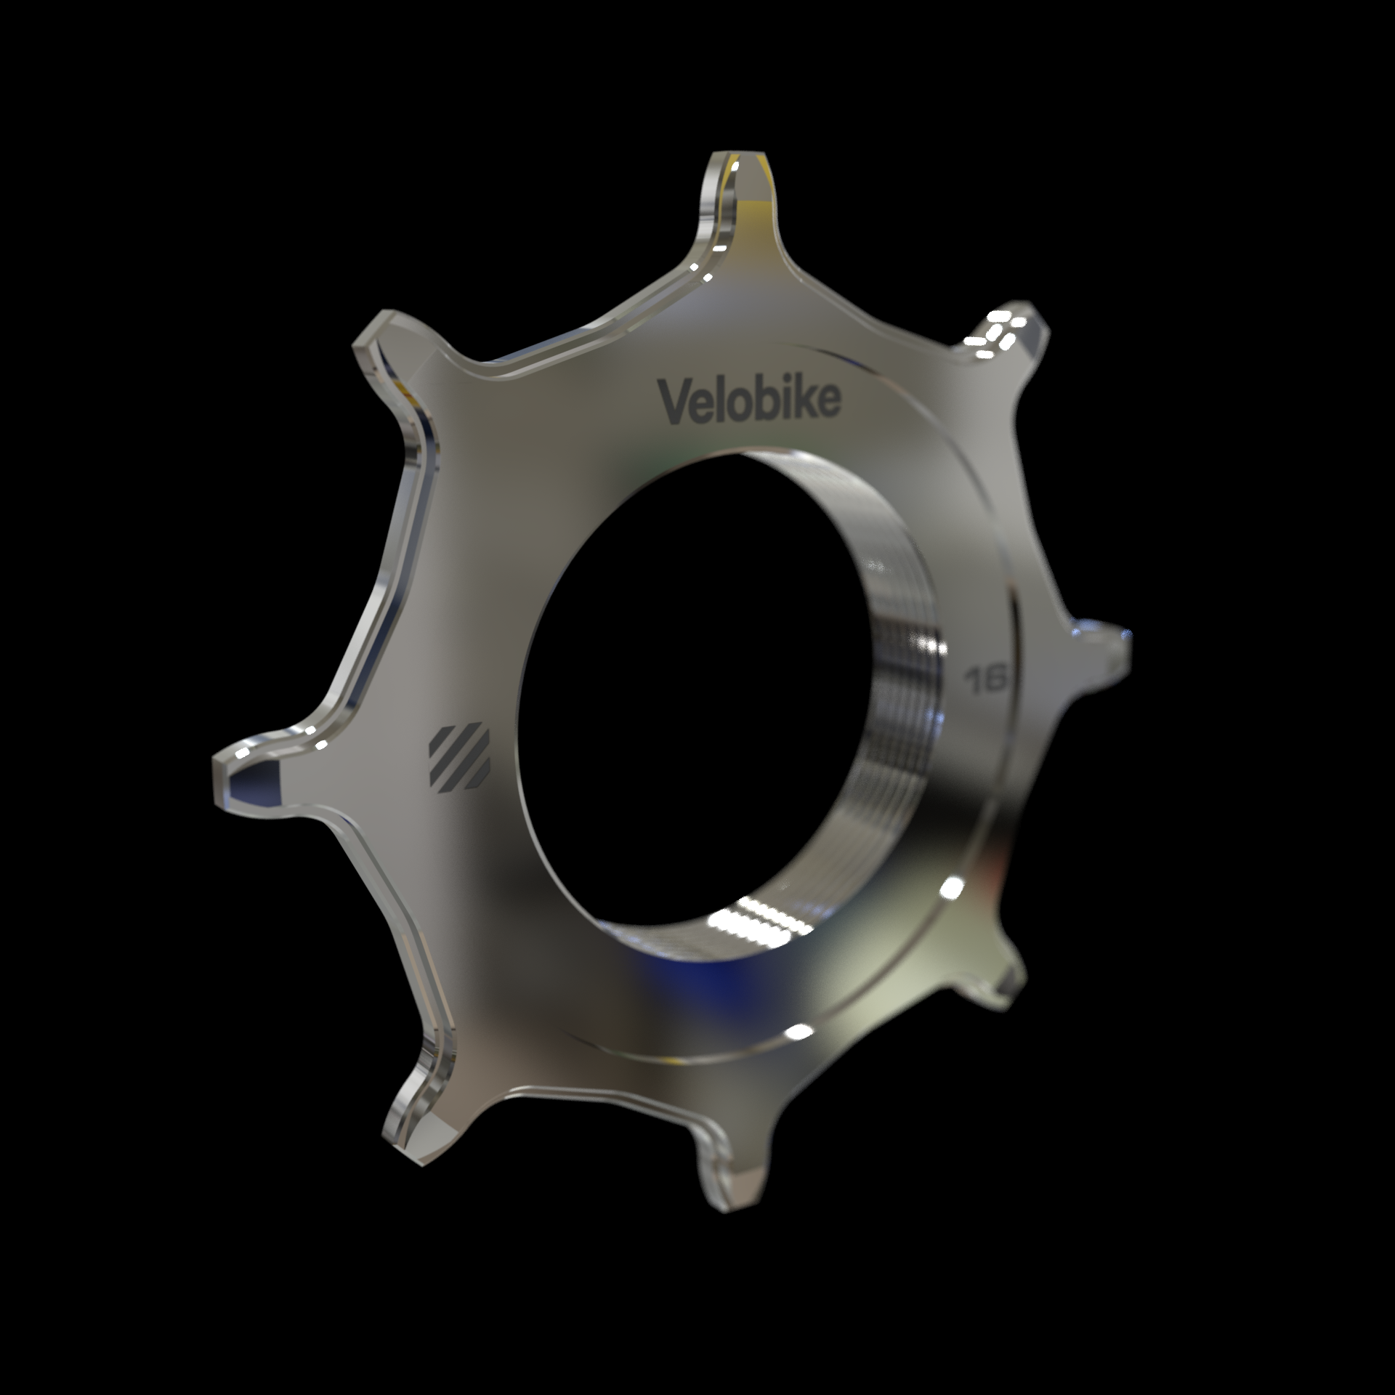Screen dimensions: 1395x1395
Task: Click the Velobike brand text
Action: click(749, 399)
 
